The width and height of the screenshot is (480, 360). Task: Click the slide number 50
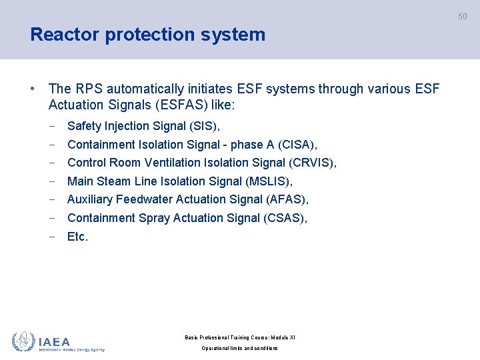coord(462,17)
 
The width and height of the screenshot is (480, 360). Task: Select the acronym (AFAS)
coord(287,199)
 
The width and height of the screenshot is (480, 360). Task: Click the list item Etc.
coord(77,237)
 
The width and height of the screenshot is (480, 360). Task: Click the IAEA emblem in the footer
coord(23,341)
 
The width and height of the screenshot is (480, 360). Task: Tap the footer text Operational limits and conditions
coord(239,348)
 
